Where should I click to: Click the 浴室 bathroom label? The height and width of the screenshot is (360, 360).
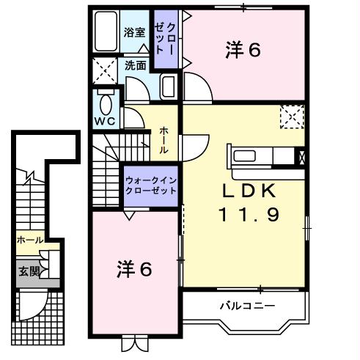[x=133, y=32]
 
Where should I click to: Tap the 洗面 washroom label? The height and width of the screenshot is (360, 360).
[x=134, y=65]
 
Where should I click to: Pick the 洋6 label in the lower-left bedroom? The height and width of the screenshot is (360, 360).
[x=134, y=269]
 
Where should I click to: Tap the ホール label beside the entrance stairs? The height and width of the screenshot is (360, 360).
[x=29, y=240]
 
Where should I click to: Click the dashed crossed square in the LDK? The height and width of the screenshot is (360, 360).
[x=292, y=116]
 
